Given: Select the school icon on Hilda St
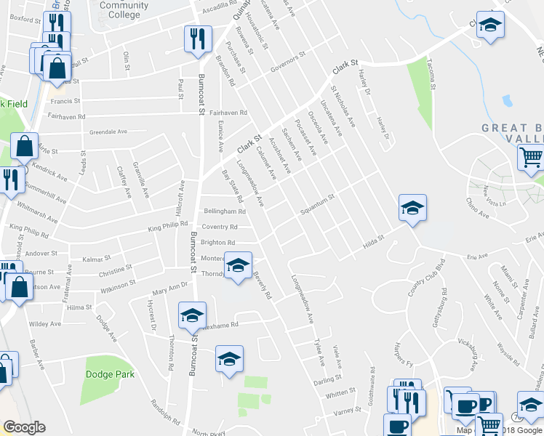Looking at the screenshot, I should coord(412,208).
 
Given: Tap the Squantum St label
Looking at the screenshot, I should coord(318,204).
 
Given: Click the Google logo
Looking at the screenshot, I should coord(24,427).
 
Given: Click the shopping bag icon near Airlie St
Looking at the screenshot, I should coord(25,146).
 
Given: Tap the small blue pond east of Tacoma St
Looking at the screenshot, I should coord(507,100).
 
